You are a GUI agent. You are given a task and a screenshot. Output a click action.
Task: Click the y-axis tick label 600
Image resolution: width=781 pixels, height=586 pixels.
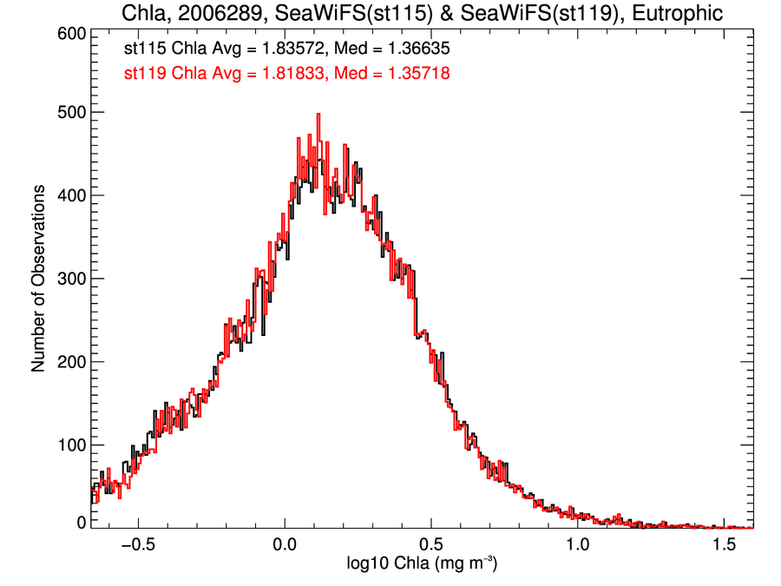tap(68, 33)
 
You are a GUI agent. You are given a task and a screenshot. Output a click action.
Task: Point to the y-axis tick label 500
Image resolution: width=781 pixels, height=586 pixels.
tap(68, 112)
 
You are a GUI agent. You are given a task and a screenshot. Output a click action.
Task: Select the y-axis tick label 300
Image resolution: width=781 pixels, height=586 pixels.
tap(68, 279)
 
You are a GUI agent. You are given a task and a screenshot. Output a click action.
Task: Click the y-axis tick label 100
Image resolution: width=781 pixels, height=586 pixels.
tap(68, 445)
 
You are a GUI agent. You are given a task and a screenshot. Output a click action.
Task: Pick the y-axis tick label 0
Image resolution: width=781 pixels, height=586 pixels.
tap(80, 522)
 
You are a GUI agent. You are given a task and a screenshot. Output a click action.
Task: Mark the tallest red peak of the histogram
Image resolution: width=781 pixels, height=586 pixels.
tap(318, 114)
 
